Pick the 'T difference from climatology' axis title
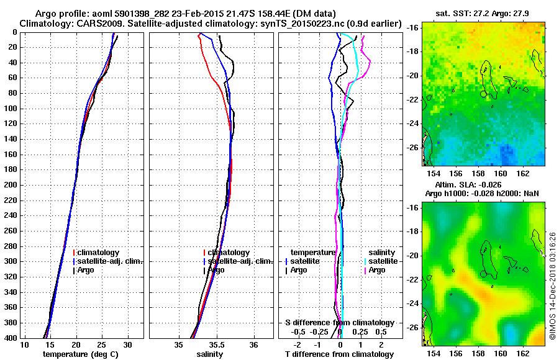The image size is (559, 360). (339, 354)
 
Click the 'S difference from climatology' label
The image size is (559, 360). (339, 323)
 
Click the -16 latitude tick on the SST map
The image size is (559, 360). (413, 28)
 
